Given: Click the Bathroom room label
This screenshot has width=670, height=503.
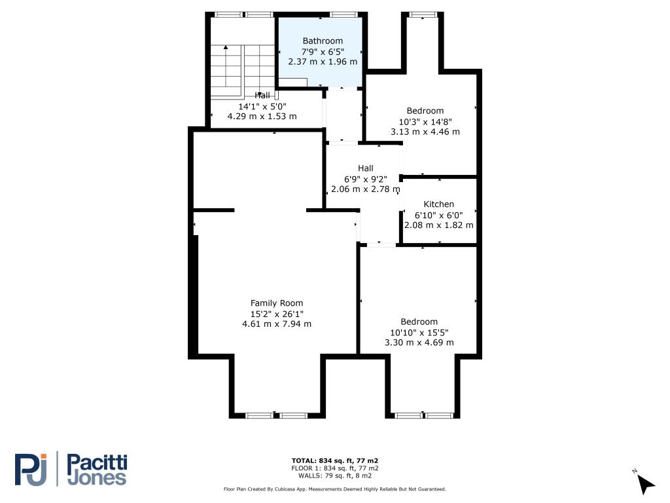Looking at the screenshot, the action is click(x=323, y=41).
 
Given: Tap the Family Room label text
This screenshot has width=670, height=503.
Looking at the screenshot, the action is click(x=277, y=303).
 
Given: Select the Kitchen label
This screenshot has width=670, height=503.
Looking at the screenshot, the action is click(x=438, y=204).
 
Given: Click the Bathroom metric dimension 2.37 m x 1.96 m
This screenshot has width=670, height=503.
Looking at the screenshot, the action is click(x=323, y=62).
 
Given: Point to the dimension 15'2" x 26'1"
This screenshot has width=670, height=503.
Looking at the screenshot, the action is click(x=277, y=314).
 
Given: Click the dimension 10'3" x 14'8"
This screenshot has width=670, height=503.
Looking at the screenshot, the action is click(x=425, y=121).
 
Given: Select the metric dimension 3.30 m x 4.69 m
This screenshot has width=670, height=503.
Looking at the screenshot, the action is click(x=419, y=343).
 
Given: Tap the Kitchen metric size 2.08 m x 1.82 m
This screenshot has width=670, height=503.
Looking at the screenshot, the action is click(x=439, y=225).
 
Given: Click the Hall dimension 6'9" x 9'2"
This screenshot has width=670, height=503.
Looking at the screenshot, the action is click(x=366, y=179).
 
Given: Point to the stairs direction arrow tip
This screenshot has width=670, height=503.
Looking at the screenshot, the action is click(x=226, y=46).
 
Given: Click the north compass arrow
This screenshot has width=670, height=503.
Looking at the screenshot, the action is click(x=646, y=485).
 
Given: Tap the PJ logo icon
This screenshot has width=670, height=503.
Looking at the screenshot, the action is click(x=31, y=470).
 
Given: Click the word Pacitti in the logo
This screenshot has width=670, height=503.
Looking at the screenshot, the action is click(x=97, y=464).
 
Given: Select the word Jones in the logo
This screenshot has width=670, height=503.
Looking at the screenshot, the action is click(x=97, y=478).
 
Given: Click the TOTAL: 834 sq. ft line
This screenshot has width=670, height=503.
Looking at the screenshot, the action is click(x=334, y=460).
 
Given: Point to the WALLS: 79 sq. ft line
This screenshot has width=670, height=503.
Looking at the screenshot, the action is click(x=334, y=475).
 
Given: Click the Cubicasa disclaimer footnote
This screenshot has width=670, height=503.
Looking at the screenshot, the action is click(x=334, y=489).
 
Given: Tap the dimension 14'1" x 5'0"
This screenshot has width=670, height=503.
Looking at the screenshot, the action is click(x=262, y=106).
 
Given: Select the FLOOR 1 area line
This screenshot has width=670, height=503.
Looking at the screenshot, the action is click(x=334, y=468).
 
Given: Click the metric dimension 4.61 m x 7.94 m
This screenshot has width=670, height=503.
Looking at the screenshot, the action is click(x=277, y=324).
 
